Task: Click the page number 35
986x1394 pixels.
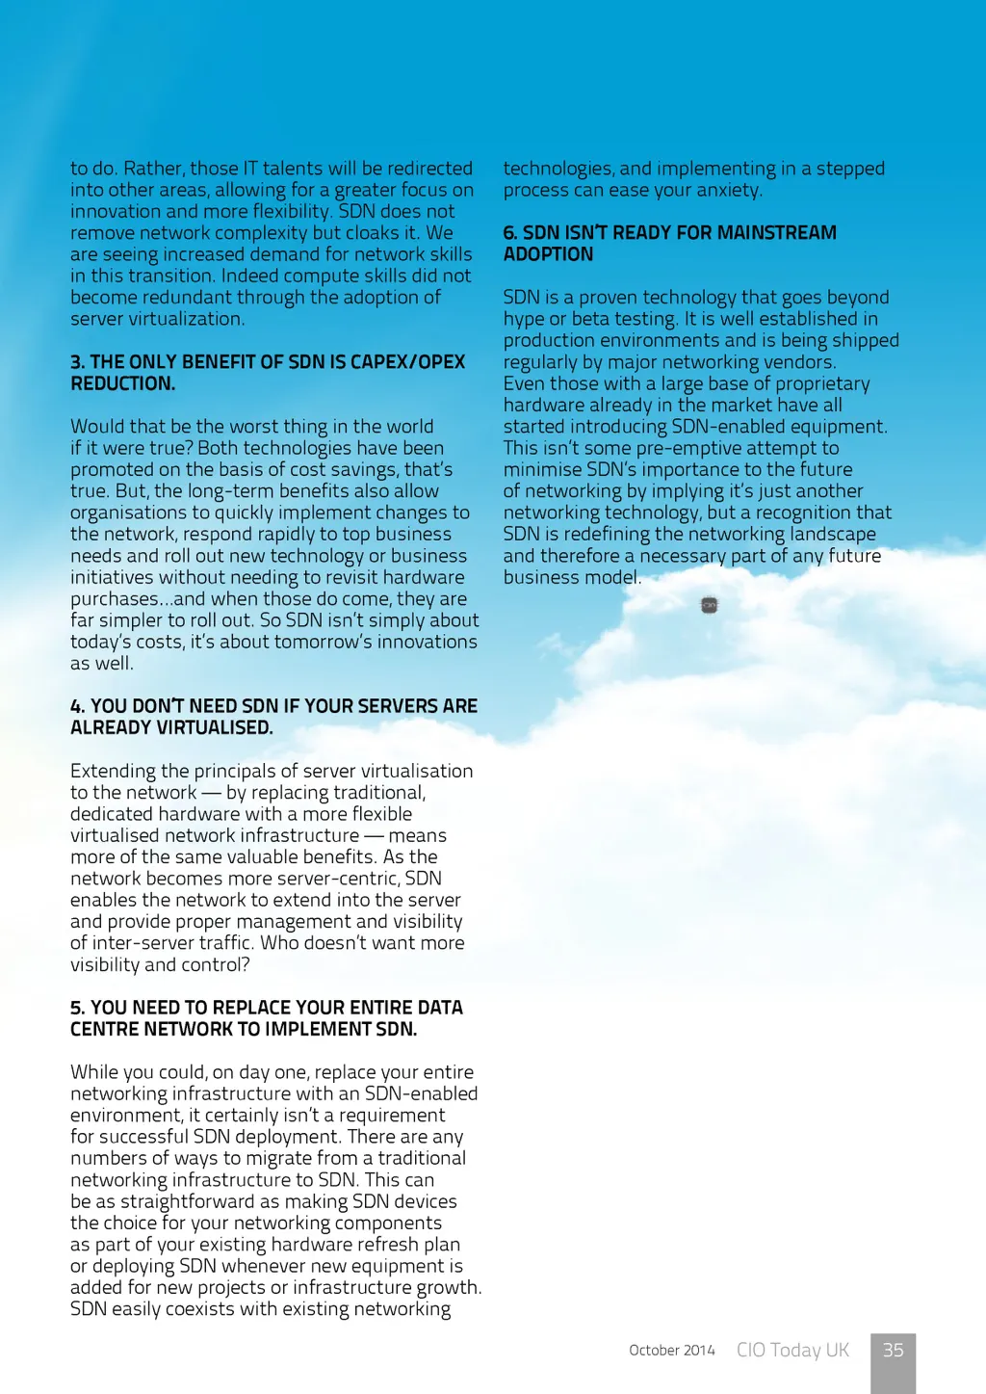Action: click(x=893, y=1350)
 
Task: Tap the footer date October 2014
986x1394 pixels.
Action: click(x=671, y=1351)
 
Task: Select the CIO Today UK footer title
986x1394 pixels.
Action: click(x=792, y=1350)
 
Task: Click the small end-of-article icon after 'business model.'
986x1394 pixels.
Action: click(x=710, y=605)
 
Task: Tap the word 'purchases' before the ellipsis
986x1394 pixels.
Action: click(x=114, y=599)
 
